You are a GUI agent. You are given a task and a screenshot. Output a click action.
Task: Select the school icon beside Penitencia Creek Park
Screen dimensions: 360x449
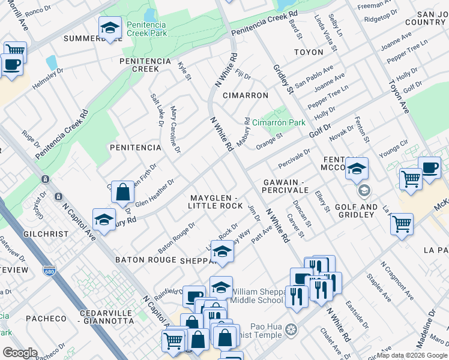(x=110, y=28)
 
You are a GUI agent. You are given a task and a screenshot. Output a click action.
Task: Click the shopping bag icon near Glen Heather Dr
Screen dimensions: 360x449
(x=122, y=193)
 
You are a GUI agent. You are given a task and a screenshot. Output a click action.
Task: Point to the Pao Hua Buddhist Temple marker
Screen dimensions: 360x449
(x=292, y=329)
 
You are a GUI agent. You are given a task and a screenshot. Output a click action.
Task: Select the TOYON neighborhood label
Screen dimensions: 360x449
(x=309, y=53)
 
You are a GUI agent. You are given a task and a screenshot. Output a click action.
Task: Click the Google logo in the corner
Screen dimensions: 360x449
(x=20, y=352)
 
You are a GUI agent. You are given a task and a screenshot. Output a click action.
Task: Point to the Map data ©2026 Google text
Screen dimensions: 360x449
(x=412, y=355)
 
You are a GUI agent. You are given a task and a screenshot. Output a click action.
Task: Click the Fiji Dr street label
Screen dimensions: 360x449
(x=243, y=76)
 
